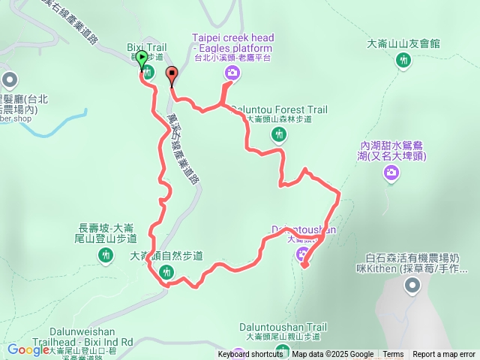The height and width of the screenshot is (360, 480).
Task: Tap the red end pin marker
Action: click(172, 75)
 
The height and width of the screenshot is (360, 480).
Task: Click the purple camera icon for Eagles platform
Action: click(232, 72)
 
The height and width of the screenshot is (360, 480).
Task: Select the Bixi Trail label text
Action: click(146, 47)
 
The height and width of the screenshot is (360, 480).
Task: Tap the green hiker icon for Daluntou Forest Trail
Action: click(279, 134)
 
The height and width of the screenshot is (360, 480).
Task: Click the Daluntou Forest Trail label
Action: click(279, 109)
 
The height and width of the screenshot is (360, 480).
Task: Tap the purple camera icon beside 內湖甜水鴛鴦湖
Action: click(391, 174)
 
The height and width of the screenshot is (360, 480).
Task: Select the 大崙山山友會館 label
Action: click(404, 44)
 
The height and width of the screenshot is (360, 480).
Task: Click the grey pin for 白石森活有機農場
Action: click(412, 285)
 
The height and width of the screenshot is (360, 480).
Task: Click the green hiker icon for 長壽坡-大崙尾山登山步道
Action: click(104, 256)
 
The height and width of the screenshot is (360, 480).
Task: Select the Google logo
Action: click(28, 349)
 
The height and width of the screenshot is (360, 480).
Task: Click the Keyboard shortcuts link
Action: click(250, 355)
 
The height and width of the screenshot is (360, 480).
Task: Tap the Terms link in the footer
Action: click(393, 355)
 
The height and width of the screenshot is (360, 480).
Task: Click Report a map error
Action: click(444, 355)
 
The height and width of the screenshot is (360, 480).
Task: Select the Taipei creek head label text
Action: click(232, 37)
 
